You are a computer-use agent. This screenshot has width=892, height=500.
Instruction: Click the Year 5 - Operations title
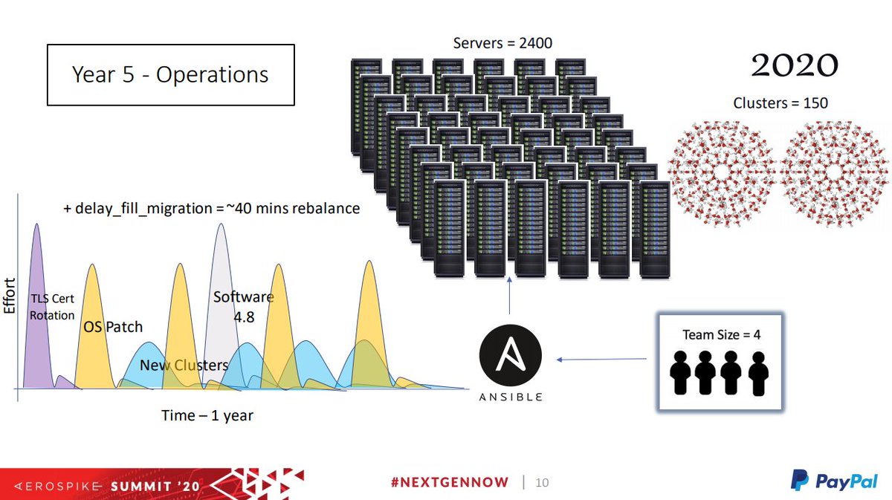[x=170, y=74]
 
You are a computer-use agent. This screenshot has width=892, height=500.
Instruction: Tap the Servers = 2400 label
[x=502, y=43]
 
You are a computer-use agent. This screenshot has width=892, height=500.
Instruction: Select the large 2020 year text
[x=795, y=65]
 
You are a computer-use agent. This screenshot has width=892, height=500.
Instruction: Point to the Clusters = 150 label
[x=780, y=103]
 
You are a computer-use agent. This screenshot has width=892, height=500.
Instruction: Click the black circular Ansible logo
[x=511, y=355]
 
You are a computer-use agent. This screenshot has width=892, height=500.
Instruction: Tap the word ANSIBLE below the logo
[x=511, y=397]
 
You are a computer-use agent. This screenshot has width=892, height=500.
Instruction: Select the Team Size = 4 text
[x=721, y=335]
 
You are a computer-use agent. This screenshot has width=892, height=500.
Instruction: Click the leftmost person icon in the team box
[x=680, y=373]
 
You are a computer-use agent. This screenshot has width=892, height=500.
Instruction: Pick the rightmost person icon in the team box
[x=758, y=374]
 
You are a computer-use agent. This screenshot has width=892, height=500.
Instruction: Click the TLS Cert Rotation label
[x=52, y=307]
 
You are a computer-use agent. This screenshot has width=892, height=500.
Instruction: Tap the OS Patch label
[x=113, y=327]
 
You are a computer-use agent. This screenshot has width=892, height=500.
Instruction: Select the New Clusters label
[x=184, y=365]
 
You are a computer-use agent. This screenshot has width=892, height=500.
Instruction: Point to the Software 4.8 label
[x=244, y=307]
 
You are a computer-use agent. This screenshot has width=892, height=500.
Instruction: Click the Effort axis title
[x=9, y=296]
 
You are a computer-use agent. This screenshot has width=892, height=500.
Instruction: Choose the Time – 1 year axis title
[x=207, y=415]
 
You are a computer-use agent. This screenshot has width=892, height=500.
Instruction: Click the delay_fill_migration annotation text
[x=211, y=208]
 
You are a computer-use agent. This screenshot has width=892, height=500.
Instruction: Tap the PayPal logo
[x=834, y=481]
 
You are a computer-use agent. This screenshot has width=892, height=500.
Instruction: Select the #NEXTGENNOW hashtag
[x=450, y=482]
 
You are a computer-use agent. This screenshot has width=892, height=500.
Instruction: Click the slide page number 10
[x=542, y=482]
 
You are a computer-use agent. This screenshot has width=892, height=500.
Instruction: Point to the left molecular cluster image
[x=722, y=174]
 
